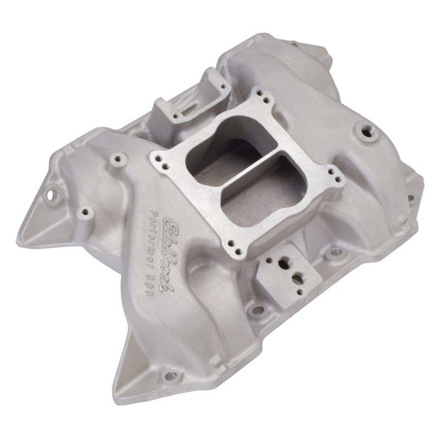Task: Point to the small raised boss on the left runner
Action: [116, 159]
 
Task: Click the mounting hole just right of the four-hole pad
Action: [333, 253]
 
